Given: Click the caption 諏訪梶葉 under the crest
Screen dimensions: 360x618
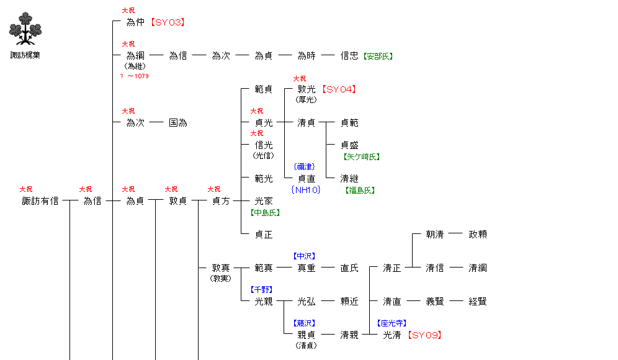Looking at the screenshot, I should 25,55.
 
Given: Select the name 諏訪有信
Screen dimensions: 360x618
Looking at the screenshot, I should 40,201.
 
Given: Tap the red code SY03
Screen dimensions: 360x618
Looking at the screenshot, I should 168,22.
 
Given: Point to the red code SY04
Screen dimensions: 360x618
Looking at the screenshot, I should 339,89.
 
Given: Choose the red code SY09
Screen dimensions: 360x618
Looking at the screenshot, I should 424,335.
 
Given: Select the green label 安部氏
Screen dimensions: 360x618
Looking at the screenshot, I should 378,56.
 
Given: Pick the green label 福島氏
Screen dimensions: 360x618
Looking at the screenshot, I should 359,191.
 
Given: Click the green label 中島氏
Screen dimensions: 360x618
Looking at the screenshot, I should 265,213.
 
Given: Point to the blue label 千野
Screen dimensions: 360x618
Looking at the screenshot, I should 261,290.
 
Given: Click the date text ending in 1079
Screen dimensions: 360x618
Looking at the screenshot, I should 134,76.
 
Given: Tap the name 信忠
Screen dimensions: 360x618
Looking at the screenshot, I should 349,56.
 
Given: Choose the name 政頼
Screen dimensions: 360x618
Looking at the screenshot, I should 478,235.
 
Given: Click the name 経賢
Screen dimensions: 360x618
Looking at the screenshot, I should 478,302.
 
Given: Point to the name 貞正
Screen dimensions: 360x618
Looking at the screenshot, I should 264,235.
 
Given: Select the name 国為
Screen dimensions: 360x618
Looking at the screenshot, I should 178,123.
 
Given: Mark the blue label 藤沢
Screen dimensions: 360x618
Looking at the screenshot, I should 304,323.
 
